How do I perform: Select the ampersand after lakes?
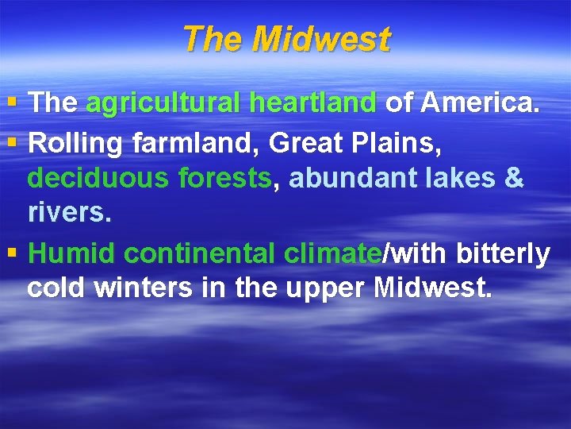pos(513,178)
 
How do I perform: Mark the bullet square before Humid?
pos(10,254)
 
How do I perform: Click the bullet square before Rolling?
pos(10,145)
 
